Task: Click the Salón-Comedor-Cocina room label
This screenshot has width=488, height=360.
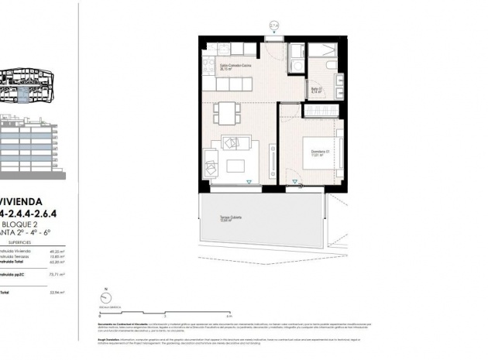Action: pos(234,67)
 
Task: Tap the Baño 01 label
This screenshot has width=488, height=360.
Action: pos(316,90)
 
